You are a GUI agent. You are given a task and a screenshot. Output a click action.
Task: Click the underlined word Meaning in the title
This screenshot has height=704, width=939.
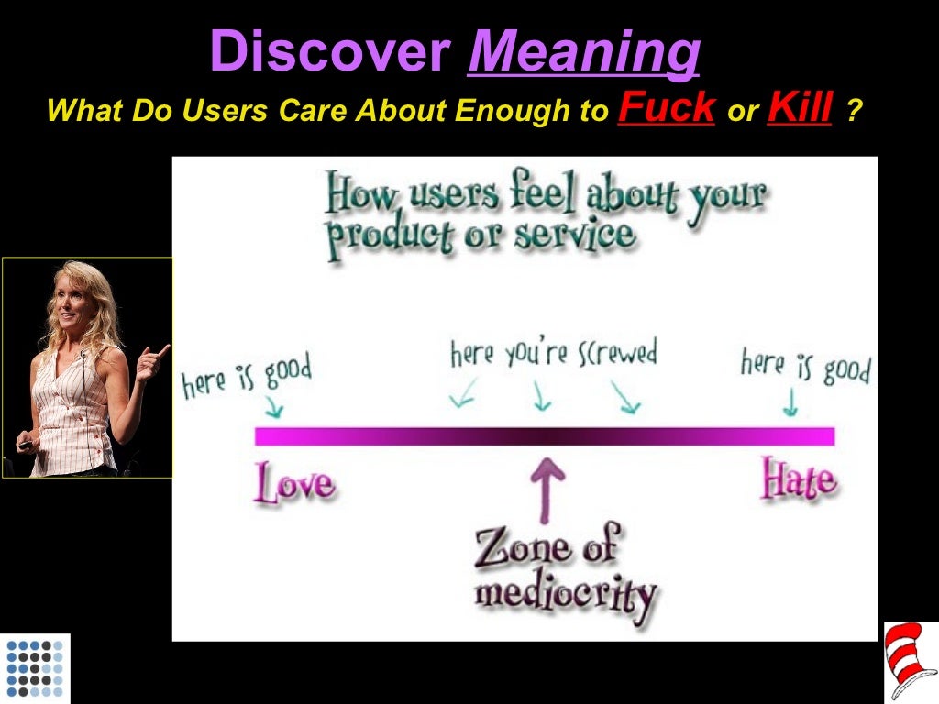584,52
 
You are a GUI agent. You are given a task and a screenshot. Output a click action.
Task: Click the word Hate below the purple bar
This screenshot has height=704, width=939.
798,479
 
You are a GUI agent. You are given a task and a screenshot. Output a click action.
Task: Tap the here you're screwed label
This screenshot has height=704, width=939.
553,353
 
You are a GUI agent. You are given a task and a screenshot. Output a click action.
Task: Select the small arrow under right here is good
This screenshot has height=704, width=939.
790,402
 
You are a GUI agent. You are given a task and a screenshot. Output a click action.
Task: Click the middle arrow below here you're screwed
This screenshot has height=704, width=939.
541,397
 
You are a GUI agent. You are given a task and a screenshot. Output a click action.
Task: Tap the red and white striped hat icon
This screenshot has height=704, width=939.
911,661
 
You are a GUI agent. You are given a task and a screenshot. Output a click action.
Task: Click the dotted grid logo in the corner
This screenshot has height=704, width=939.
35,668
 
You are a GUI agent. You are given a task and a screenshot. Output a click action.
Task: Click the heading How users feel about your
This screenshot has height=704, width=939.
547,194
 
